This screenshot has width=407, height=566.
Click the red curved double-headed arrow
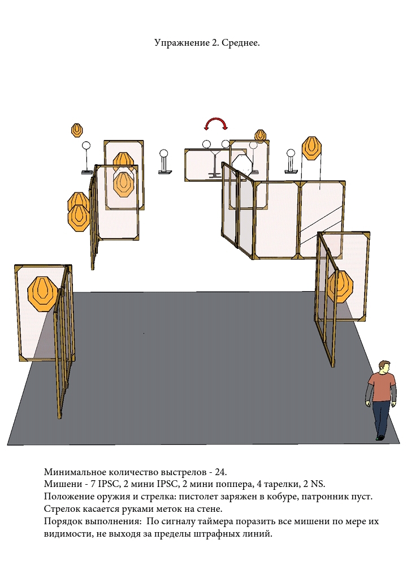tap(216, 119)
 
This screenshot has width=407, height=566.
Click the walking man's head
tap(384, 367)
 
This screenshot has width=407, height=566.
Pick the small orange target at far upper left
tap(77, 130)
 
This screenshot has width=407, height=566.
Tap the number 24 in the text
tap(220, 472)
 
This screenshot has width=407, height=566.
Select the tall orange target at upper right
tap(311, 148)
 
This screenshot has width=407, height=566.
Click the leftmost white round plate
tap(86, 146)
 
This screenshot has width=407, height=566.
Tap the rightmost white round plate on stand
tap(291, 153)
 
